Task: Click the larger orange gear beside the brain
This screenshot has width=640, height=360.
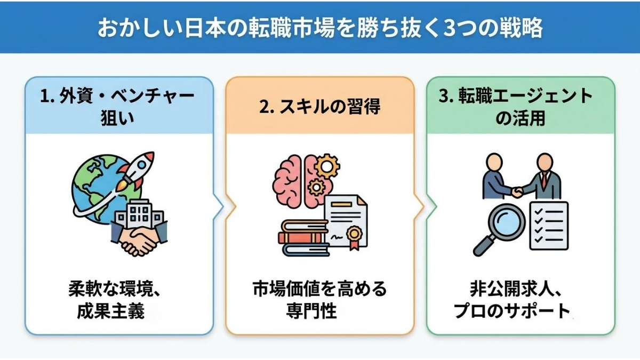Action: click(x=326, y=165)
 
